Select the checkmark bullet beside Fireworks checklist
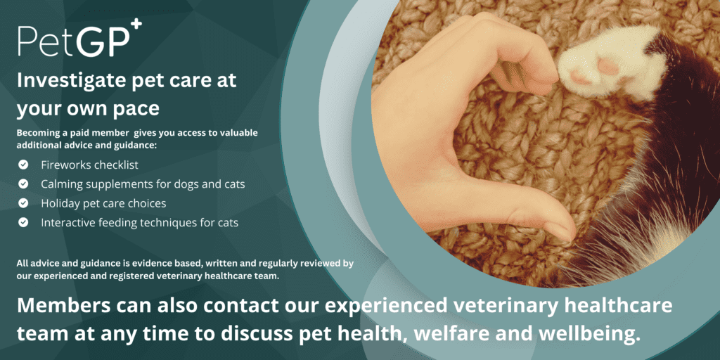pos(23,165)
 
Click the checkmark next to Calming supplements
pos(23,184)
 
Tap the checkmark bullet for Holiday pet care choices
pos(23,203)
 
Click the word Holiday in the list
pos(59,203)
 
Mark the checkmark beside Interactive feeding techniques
pos(23,223)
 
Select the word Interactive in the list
pos(65,223)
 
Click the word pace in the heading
pos(140,109)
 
